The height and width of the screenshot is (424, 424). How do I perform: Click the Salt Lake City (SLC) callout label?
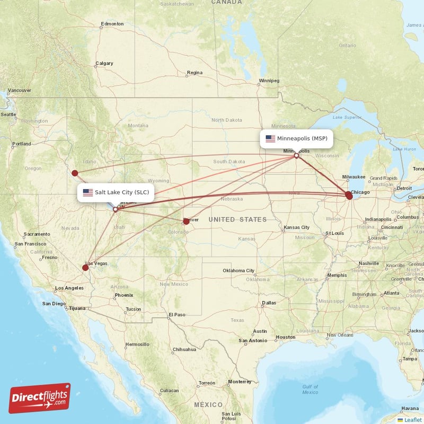117,192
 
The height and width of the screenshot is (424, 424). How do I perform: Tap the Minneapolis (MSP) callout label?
296,139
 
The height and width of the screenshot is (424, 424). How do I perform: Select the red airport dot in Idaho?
75,173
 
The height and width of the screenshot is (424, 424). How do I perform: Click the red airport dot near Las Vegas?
85,268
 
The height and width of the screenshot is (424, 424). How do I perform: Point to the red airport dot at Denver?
186,222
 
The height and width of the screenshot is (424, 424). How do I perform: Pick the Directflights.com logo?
40,398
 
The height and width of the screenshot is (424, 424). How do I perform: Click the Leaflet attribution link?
412,420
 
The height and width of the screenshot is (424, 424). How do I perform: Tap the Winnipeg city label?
269,81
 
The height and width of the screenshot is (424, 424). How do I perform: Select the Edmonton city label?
112,24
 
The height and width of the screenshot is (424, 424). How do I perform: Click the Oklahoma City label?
239,271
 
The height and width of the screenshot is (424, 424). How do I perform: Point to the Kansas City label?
297,227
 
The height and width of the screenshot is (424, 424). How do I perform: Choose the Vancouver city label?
20,90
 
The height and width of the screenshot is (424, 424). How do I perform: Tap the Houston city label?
286,337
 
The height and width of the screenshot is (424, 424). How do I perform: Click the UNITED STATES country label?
237,219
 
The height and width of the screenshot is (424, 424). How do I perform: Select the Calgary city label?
104,64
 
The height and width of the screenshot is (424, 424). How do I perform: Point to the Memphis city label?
337,275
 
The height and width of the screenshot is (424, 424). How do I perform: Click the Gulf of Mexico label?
310,389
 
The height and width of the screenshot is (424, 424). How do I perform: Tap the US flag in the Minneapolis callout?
270,139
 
